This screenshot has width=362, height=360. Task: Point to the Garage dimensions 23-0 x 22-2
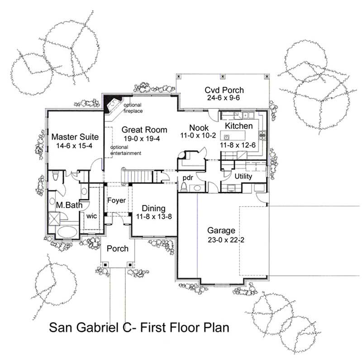coord(221,240)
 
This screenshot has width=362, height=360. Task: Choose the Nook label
coord(199,128)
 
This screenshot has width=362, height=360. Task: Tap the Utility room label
coord(243,177)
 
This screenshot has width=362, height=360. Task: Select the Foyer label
coord(116,200)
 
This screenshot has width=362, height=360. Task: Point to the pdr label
coord(188,178)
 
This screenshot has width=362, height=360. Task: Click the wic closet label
coord(92,216)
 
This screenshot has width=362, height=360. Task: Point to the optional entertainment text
coord(126,150)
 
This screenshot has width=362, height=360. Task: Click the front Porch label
coord(118,248)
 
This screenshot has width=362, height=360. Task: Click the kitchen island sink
coord(228,135)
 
